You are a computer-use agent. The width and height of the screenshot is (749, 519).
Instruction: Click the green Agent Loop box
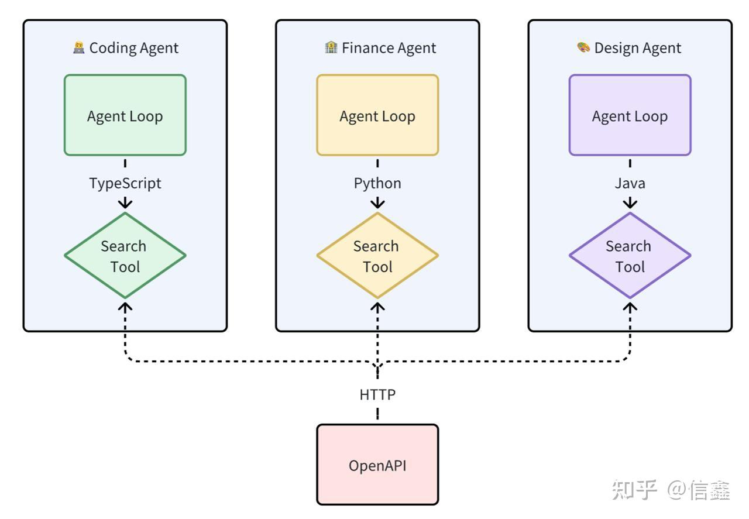pyautogui.click(x=125, y=115)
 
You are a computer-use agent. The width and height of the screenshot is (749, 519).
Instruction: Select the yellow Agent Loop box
pyautogui.click(x=377, y=115)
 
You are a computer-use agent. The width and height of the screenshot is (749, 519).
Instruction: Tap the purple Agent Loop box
pyautogui.click(x=630, y=115)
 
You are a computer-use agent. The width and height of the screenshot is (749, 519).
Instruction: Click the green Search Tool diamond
pyautogui.click(x=125, y=256)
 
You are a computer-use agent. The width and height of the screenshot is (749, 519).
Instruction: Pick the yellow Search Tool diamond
pyautogui.click(x=377, y=256)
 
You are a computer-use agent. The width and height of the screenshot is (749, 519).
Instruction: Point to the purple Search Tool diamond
pyautogui.click(x=630, y=256)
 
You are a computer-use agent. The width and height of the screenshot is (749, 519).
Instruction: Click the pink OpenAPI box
pyautogui.click(x=377, y=465)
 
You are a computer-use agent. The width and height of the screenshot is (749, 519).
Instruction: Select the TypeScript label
pyautogui.click(x=125, y=183)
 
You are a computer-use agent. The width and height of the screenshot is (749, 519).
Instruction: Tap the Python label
pyautogui.click(x=377, y=183)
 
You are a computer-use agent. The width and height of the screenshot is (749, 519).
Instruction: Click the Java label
pyautogui.click(x=630, y=183)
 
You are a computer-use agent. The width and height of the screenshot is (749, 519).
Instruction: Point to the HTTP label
pyautogui.click(x=377, y=395)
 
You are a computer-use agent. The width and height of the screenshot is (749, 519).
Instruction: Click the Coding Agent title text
pyautogui.click(x=133, y=48)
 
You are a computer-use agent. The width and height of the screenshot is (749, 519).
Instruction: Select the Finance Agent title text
pyautogui.click(x=389, y=48)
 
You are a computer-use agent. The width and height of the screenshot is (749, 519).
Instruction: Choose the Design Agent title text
pyautogui.click(x=637, y=48)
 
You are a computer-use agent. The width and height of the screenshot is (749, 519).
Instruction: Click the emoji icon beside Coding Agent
pyautogui.click(x=79, y=47)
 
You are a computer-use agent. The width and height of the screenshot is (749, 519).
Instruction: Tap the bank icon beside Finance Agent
pyautogui.click(x=331, y=47)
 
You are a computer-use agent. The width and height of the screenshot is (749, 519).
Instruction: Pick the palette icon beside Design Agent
pyautogui.click(x=583, y=47)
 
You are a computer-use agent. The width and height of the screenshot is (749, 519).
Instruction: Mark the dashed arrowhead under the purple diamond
pyautogui.click(x=630, y=306)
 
